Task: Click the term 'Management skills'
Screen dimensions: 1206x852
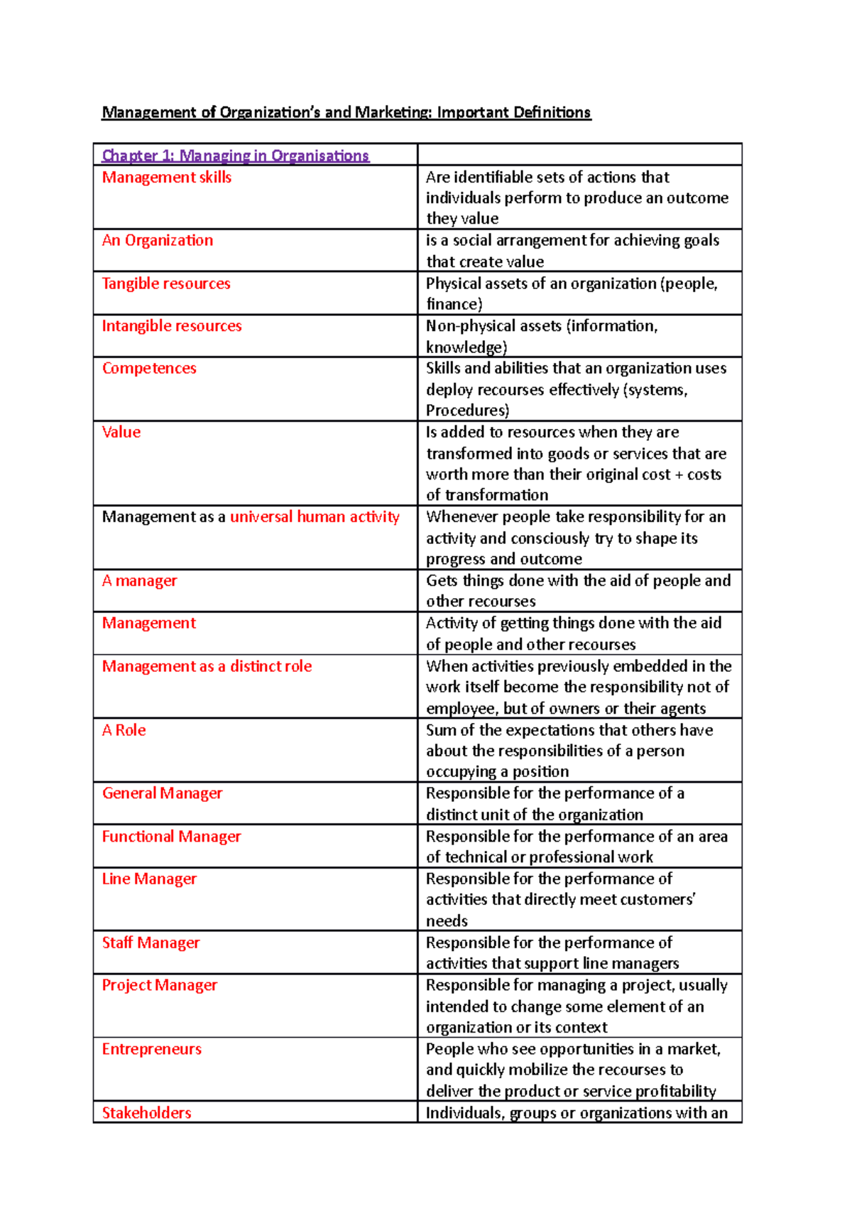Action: (x=166, y=178)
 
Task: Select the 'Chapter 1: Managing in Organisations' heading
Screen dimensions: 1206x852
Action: (x=235, y=156)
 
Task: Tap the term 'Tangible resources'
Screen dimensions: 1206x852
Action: (x=166, y=283)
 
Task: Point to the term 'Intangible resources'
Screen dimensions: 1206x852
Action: (x=171, y=326)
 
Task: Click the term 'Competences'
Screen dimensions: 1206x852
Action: (x=149, y=369)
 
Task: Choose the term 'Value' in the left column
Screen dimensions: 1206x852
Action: (x=121, y=432)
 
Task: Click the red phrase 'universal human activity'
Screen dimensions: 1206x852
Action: (x=315, y=517)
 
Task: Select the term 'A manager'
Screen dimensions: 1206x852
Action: (x=139, y=581)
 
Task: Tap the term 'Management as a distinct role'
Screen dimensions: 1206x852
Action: (x=207, y=666)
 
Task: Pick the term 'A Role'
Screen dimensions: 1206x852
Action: (x=124, y=730)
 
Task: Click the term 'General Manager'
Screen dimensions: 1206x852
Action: (x=162, y=793)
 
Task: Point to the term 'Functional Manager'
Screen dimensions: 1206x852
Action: (x=171, y=837)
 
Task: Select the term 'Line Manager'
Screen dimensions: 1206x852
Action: (x=149, y=879)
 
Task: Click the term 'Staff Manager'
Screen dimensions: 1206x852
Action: (x=151, y=943)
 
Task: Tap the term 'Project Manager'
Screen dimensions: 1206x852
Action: (x=159, y=986)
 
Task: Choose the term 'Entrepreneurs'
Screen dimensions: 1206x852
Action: (x=151, y=1049)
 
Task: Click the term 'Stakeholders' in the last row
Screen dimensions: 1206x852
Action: (x=146, y=1113)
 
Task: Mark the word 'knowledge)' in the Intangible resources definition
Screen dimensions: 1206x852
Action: (x=466, y=347)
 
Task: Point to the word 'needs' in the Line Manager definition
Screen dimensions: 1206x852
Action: (x=447, y=921)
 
